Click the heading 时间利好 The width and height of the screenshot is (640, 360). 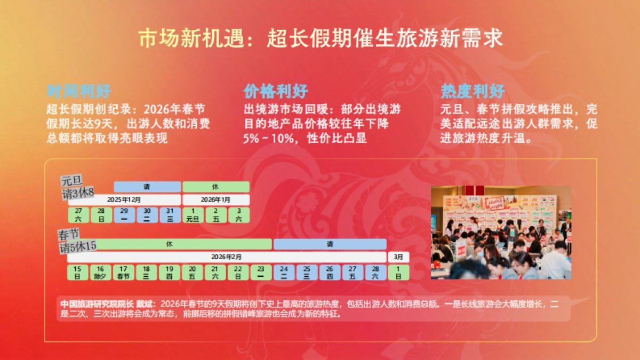79,91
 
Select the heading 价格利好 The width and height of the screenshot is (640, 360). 276,91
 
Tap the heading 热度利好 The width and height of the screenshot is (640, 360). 473,91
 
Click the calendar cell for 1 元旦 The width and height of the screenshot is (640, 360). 192,215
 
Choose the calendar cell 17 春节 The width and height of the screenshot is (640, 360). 123,273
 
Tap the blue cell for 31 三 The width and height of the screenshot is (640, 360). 170,215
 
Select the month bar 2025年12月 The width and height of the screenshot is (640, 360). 124,199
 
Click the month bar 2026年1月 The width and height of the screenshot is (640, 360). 215,199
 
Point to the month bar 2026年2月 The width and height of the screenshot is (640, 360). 226,257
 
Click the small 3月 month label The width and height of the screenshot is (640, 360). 398,257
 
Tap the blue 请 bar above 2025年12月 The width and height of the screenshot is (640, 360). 147,187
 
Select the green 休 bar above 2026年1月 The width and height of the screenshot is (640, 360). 215,187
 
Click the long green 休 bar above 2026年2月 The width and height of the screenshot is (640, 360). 169,244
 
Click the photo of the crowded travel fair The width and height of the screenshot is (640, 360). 501,233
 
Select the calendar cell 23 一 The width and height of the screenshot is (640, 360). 261,273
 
